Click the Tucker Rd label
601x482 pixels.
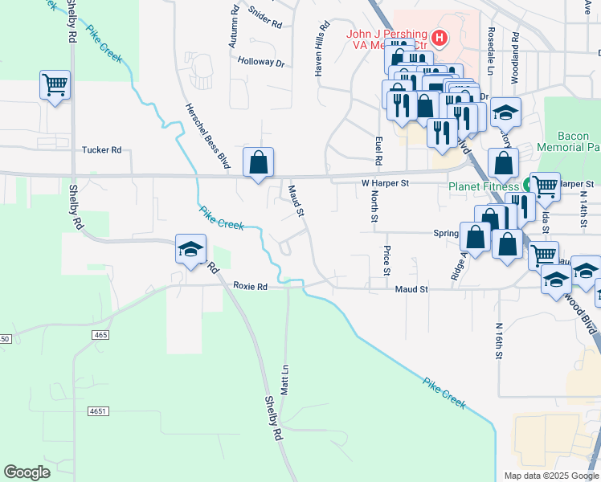tap(101, 150)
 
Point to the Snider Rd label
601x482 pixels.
tap(264, 18)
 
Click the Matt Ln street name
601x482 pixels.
tap(284, 377)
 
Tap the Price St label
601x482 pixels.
tap(386, 259)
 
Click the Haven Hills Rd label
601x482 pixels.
tap(321, 47)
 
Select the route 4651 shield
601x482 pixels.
tap(98, 411)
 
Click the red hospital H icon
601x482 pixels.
tap(439, 37)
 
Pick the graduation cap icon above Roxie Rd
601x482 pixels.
tap(190, 249)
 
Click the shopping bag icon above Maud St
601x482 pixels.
tap(259, 163)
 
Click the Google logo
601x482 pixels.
tap(27, 472)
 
